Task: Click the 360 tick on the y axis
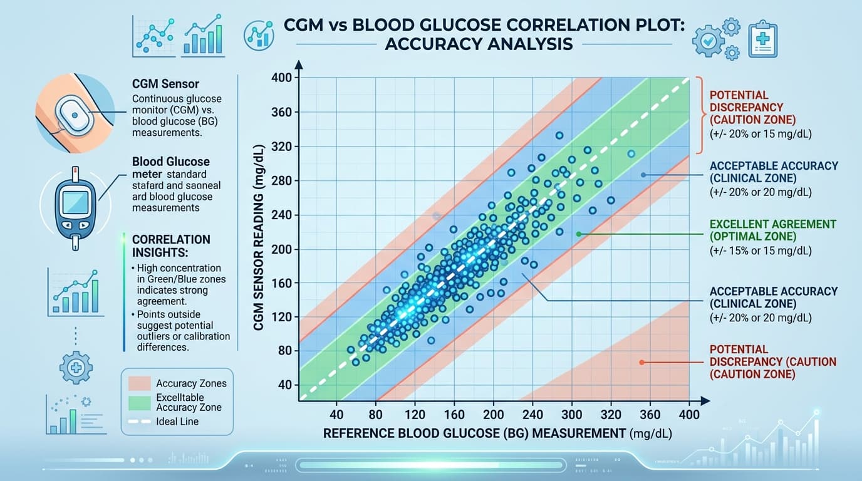[x=284, y=113]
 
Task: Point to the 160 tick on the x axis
[x=454, y=415]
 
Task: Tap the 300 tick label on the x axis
[x=571, y=415]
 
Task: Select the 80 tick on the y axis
[x=284, y=351]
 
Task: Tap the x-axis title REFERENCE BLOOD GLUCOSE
[x=474, y=433]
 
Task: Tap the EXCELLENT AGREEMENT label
[x=773, y=224]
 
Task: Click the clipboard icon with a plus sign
[x=762, y=38]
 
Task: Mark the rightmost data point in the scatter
[x=631, y=153]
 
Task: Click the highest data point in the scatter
[x=559, y=135]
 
